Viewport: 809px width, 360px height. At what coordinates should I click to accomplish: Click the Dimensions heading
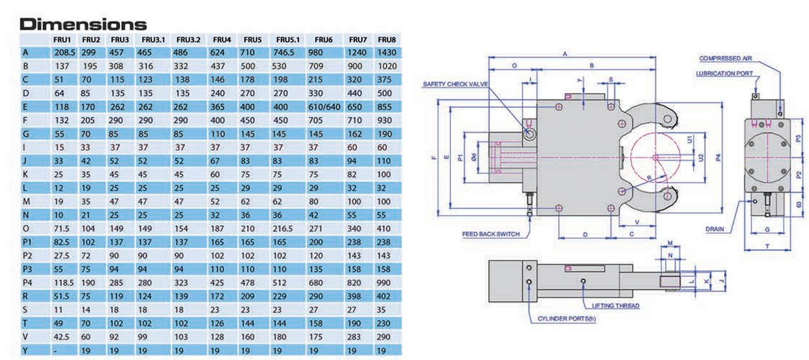click(84, 25)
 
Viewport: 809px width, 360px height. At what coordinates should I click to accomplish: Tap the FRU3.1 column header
click(153, 40)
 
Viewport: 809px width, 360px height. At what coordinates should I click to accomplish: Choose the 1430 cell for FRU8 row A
click(386, 53)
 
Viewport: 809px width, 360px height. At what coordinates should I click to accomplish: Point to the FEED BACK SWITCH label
click(491, 234)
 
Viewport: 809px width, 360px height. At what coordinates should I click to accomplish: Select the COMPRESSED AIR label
click(726, 59)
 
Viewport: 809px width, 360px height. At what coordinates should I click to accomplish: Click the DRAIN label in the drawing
click(715, 228)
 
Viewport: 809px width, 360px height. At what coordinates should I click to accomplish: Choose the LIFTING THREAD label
click(615, 306)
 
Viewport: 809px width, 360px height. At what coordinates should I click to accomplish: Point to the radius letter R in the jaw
click(647, 177)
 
